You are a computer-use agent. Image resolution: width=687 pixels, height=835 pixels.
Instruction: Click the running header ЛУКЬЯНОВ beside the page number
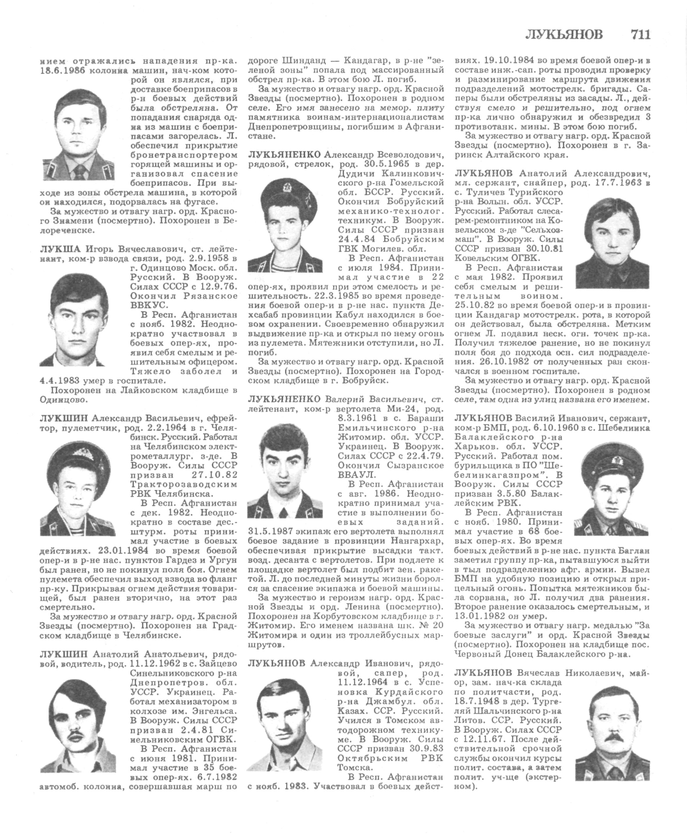tap(564, 35)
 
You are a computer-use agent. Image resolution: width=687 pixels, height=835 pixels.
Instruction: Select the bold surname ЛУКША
tap(60, 249)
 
